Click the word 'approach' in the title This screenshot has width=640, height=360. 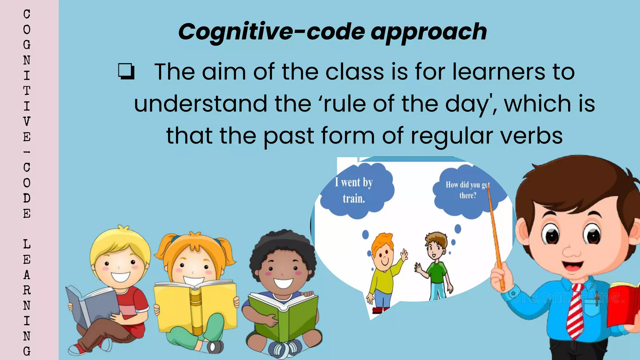[x=429, y=32]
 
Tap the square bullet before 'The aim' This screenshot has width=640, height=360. [x=126, y=72]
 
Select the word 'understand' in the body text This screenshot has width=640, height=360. [x=201, y=104]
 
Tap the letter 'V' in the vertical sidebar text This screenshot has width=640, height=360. [x=27, y=121]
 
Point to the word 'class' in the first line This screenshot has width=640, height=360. [x=355, y=72]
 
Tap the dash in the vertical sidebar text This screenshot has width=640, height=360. [x=27, y=152]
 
